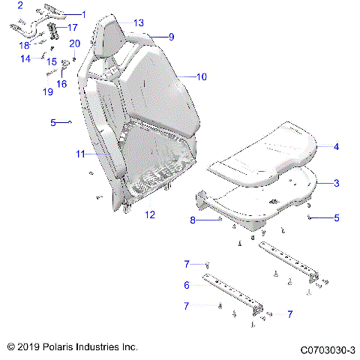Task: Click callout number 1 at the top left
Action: pyautogui.click(x=83, y=14)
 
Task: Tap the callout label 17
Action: pyautogui.click(x=72, y=27)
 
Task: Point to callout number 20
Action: pyautogui.click(x=74, y=43)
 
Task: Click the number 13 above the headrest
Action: pyautogui.click(x=139, y=23)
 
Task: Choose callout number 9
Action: pyautogui.click(x=171, y=37)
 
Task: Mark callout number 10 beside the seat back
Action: pyautogui.click(x=201, y=76)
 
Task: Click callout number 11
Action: pyautogui.click(x=79, y=154)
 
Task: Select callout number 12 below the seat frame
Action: pyautogui.click(x=149, y=214)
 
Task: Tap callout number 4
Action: pyautogui.click(x=336, y=147)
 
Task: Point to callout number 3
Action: pyautogui.click(x=336, y=183)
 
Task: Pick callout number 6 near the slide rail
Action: pyautogui.click(x=187, y=285)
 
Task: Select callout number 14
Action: pyautogui.click(x=25, y=58)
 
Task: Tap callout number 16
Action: pyautogui.click(x=61, y=84)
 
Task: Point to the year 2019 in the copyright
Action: pyautogui.click(x=28, y=348)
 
